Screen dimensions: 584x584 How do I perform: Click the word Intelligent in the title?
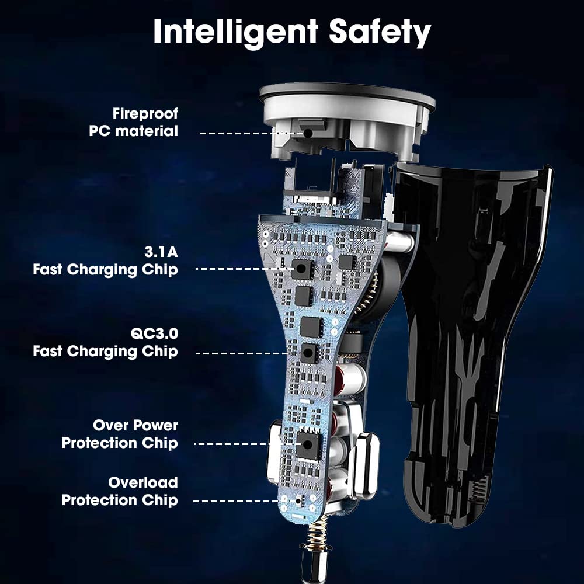pyautogui.click(x=235, y=32)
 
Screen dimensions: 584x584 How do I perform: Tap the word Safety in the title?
pyautogui.click(x=380, y=32)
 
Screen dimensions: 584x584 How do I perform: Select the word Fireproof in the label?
pyautogui.click(x=145, y=114)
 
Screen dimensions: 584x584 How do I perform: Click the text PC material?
pyautogui.click(x=133, y=131)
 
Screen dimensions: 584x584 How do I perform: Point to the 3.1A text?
pyautogui.click(x=161, y=252)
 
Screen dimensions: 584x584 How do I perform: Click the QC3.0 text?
pyautogui.click(x=154, y=333)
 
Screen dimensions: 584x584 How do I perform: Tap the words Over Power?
pyautogui.click(x=135, y=425)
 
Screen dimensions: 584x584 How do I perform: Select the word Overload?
pyautogui.click(x=143, y=483)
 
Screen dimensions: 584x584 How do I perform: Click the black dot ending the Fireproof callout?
pyautogui.click(x=308, y=133)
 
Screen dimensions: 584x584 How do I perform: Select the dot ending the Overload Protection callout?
pyautogui.click(x=298, y=501)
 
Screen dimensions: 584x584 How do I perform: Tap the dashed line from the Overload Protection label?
pyautogui.click(x=244, y=501)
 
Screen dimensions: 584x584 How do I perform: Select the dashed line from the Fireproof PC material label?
pyautogui.click(x=250, y=133)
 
